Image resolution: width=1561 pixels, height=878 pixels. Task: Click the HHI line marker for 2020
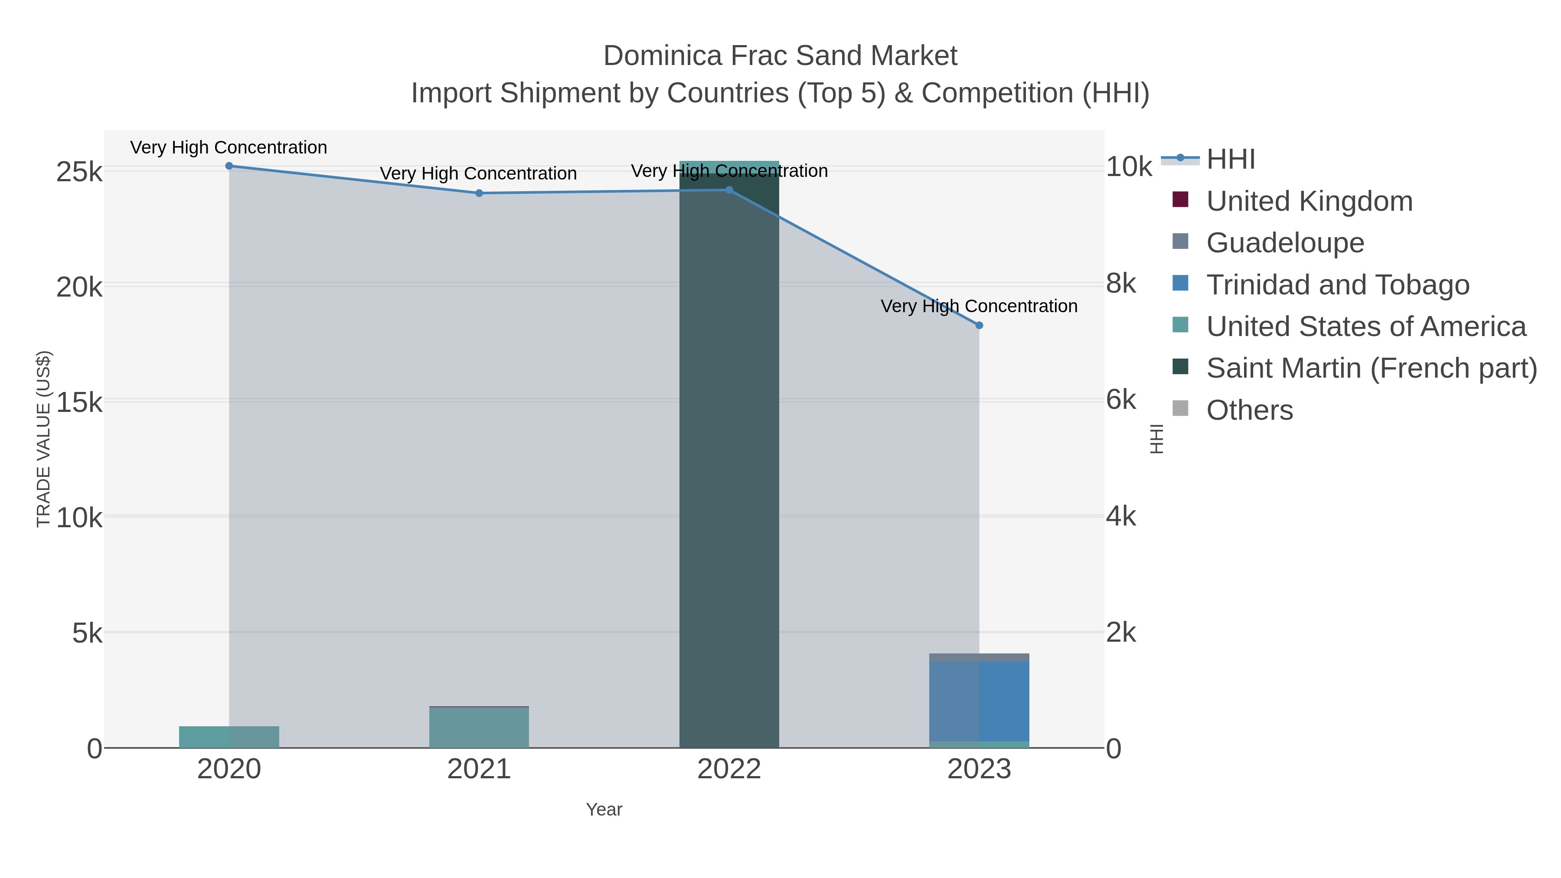pos(229,166)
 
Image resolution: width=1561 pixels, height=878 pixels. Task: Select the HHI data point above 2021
pos(479,193)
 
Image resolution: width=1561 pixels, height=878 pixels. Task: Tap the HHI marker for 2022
pos(729,190)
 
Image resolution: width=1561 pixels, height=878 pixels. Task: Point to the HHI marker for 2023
pos(979,325)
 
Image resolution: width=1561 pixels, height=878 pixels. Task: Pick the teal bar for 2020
pos(229,737)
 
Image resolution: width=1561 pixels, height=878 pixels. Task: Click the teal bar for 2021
pos(479,727)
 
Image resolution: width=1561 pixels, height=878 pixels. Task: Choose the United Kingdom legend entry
pos(1309,201)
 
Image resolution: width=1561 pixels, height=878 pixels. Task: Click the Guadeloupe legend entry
pos(1285,243)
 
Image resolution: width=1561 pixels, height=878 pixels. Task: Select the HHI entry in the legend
pos(1230,160)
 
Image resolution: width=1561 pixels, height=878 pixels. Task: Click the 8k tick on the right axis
pos(1121,284)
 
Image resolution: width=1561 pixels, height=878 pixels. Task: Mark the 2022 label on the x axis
pos(729,770)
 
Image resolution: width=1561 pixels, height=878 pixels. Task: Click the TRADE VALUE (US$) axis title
pos(44,439)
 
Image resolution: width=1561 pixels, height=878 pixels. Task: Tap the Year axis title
pos(604,809)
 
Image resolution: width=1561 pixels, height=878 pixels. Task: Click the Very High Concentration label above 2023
pos(979,306)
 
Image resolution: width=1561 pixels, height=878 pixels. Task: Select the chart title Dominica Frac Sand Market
pos(780,56)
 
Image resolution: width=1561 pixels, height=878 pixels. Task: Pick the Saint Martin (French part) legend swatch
pos(1180,366)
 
